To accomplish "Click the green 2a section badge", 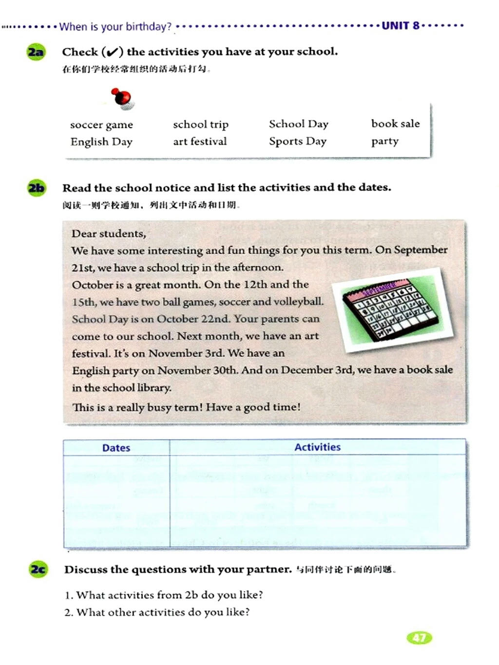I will (x=36, y=52).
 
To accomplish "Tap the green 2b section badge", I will (x=37, y=188).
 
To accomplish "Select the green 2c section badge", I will (x=38, y=569).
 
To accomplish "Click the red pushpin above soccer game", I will (x=122, y=98).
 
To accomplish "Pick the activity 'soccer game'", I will (x=101, y=125).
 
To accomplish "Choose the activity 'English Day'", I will (x=101, y=142).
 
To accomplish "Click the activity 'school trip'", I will (x=201, y=125).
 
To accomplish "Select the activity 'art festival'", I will (x=200, y=141).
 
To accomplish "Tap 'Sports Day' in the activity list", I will (x=298, y=141).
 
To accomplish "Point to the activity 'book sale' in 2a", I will (x=395, y=124).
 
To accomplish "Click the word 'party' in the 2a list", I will (x=385, y=141).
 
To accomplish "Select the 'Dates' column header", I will (x=116, y=448).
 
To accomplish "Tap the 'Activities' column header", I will (x=317, y=447).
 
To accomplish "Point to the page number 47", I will (x=419, y=638).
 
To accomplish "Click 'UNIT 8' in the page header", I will (x=400, y=26).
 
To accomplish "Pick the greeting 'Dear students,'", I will (x=109, y=234).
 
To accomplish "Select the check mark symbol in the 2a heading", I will (x=112, y=52).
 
